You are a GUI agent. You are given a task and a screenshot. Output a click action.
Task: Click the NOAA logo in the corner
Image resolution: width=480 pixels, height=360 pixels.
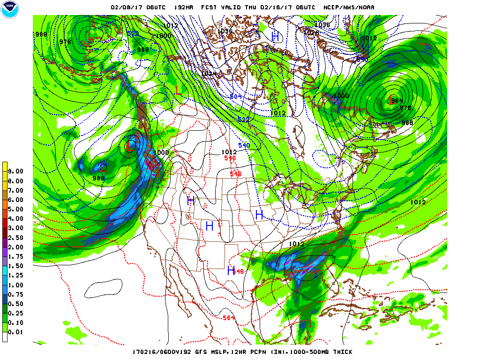(x=9, y=9)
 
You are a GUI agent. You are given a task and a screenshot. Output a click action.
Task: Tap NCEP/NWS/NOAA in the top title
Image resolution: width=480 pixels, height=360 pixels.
(x=349, y=7)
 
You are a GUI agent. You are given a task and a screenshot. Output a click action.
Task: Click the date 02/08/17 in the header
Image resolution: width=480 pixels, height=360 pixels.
(x=125, y=7)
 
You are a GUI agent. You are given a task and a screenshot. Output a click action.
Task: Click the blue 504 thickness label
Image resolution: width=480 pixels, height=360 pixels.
(x=236, y=97)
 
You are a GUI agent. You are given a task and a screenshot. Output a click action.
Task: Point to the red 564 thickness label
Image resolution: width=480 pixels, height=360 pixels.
(x=229, y=318)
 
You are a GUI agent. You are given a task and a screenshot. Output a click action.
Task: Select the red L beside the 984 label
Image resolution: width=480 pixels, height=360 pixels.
(x=390, y=99)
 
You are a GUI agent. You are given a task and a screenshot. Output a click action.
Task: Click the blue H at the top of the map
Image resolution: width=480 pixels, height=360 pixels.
(x=276, y=36)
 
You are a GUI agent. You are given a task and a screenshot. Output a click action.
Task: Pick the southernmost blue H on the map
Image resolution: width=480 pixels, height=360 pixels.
(x=231, y=270)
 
